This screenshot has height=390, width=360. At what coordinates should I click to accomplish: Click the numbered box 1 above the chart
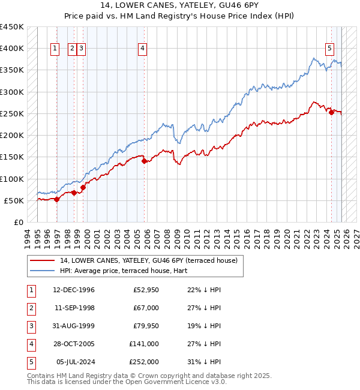(55, 49)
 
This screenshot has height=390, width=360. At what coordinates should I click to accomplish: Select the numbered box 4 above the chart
(143, 49)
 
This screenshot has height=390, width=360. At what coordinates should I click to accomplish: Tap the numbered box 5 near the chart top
(330, 49)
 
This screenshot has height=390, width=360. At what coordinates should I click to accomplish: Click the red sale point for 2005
(145, 161)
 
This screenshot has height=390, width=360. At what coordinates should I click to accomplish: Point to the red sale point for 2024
(331, 112)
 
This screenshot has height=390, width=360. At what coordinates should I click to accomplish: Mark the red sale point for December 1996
(57, 199)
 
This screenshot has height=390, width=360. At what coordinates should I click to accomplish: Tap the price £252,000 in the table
(144, 362)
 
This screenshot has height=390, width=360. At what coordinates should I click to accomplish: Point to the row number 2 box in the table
(31, 308)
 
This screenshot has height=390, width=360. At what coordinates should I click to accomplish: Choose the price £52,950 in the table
(146, 290)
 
